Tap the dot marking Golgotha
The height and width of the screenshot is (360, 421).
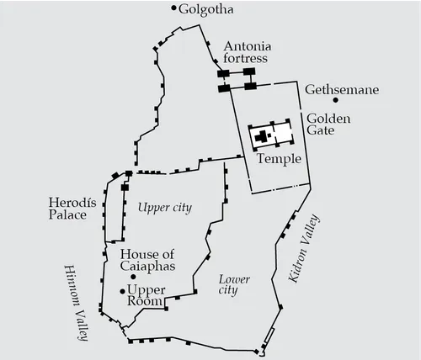[x=174, y=9]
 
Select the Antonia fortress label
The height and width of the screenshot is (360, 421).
[x=246, y=53]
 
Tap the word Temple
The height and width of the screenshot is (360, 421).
[x=277, y=158]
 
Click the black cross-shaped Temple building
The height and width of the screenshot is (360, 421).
[x=264, y=135]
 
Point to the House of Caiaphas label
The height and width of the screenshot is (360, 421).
[x=147, y=260]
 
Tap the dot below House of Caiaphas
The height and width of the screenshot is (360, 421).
[x=133, y=276]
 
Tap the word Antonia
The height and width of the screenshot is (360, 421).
[x=246, y=46]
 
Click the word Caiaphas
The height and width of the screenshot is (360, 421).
[x=147, y=267]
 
